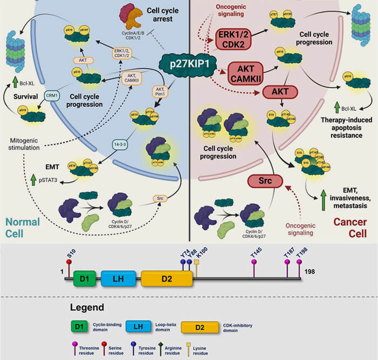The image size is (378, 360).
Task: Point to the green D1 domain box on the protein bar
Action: tap(83, 279)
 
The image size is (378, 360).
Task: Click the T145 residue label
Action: tap(256, 252)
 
